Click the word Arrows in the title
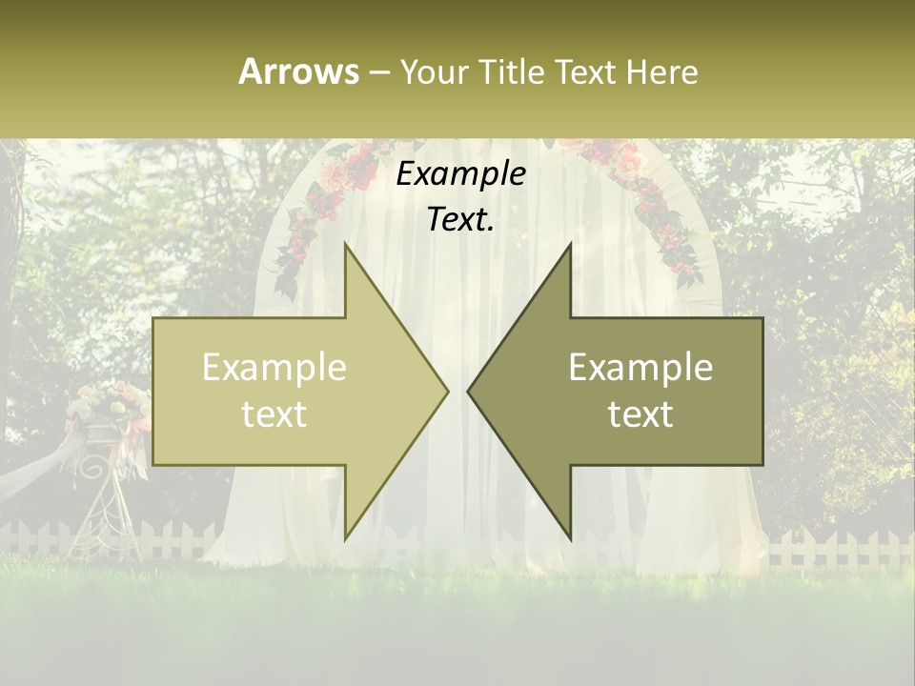298,71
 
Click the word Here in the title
661,72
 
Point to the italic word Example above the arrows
460,174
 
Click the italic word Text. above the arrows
460,220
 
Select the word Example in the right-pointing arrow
274,368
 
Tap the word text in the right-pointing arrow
274,414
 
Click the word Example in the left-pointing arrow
640,368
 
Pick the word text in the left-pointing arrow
640,414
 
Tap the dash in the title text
378,72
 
